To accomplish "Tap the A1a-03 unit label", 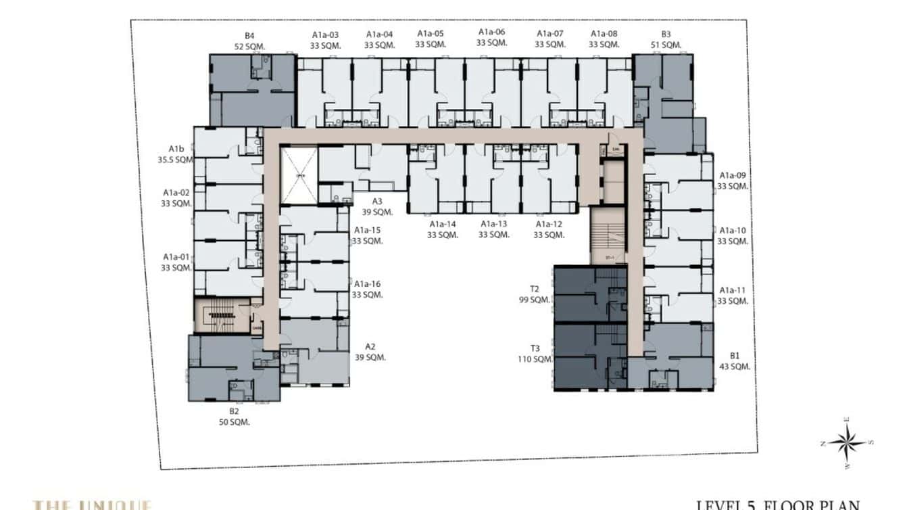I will point(325,34).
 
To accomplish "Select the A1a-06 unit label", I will point(491,32).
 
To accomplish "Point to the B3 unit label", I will point(666,34).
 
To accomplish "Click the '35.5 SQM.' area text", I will point(176,160).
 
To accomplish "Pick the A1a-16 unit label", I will point(367,284).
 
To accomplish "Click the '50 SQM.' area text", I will point(234,422).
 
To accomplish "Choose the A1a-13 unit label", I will point(493,224).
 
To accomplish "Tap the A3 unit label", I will point(377,201).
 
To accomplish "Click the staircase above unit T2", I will point(608,236).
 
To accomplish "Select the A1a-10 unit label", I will point(733,231).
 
